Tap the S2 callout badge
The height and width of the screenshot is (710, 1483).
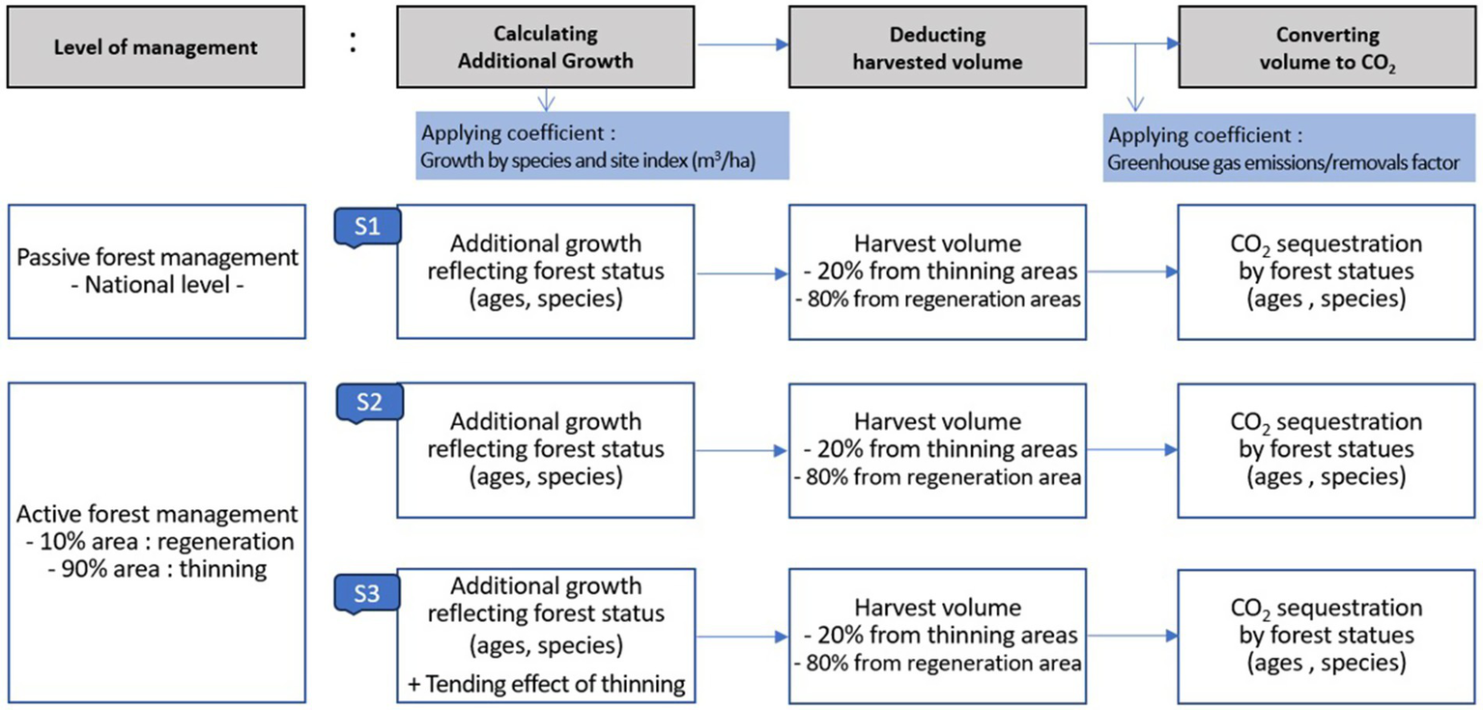(369, 403)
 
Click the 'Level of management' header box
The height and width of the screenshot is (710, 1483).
(156, 47)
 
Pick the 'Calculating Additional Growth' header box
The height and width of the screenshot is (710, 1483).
(545, 47)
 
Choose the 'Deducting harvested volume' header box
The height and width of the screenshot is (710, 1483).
(937, 47)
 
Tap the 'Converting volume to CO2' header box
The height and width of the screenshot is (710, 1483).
(1327, 47)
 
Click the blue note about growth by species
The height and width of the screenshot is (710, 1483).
(604, 145)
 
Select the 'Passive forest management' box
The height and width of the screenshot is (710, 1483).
(157, 271)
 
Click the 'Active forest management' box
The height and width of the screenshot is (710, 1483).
(157, 541)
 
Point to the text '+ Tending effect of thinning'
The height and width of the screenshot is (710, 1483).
(547, 685)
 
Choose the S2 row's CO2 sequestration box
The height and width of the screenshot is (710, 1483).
(1327, 449)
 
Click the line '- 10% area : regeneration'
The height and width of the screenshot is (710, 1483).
(157, 541)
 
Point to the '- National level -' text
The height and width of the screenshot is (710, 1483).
(157, 286)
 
